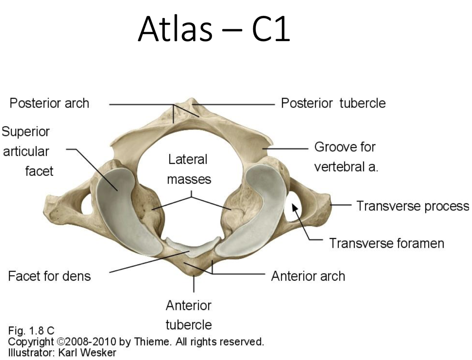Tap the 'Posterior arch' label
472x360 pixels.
point(49,103)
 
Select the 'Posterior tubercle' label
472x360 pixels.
point(333,103)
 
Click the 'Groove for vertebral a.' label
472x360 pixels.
point(345,156)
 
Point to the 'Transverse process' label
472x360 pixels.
point(413,206)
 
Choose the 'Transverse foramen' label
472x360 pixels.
point(386,243)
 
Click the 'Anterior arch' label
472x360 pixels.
point(308,276)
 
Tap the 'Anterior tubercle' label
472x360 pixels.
point(189,315)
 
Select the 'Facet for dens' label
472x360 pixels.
point(49,276)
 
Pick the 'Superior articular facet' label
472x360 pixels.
point(27,151)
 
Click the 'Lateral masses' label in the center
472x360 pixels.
point(189,169)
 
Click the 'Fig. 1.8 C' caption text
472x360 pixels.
point(31,331)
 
